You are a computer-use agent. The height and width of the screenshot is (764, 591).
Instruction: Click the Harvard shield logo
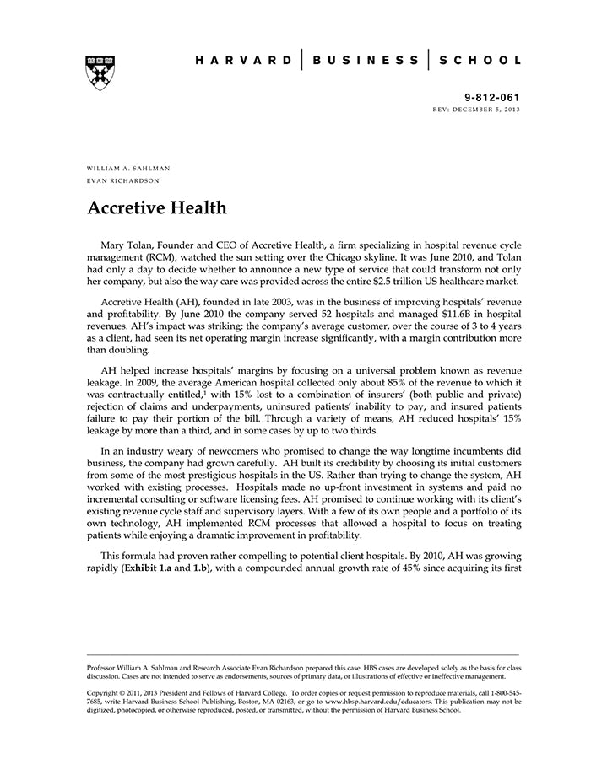pos(100,73)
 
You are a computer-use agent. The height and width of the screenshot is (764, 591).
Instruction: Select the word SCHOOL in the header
pos(480,61)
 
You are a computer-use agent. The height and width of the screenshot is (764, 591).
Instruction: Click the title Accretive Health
pos(156,207)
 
